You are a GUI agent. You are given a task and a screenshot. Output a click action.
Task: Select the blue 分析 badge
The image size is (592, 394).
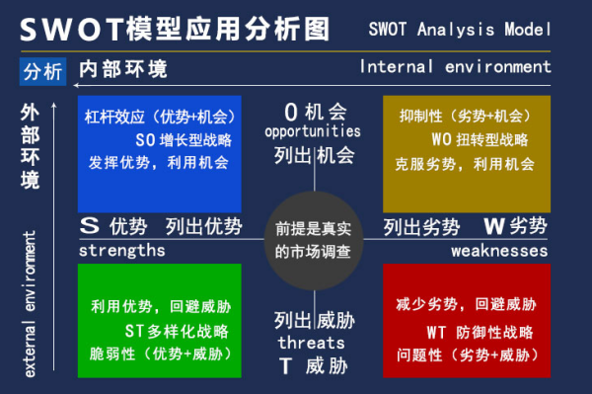click(41, 71)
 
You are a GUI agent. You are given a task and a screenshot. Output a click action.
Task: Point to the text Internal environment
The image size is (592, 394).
click(455, 67)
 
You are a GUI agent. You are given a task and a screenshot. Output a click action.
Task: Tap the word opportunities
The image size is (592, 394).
click(313, 131)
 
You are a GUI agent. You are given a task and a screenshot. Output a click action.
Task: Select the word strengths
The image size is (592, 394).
click(121, 251)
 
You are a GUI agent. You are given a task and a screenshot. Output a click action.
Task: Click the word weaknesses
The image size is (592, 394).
click(499, 251)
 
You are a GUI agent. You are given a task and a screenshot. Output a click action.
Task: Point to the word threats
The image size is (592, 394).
click(311, 342)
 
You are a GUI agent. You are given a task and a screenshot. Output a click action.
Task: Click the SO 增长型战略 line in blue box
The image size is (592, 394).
click(162, 139)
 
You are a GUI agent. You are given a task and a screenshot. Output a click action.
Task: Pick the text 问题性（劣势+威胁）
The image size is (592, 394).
click(467, 354)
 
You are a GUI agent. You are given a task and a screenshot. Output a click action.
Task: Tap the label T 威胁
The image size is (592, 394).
click(312, 364)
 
